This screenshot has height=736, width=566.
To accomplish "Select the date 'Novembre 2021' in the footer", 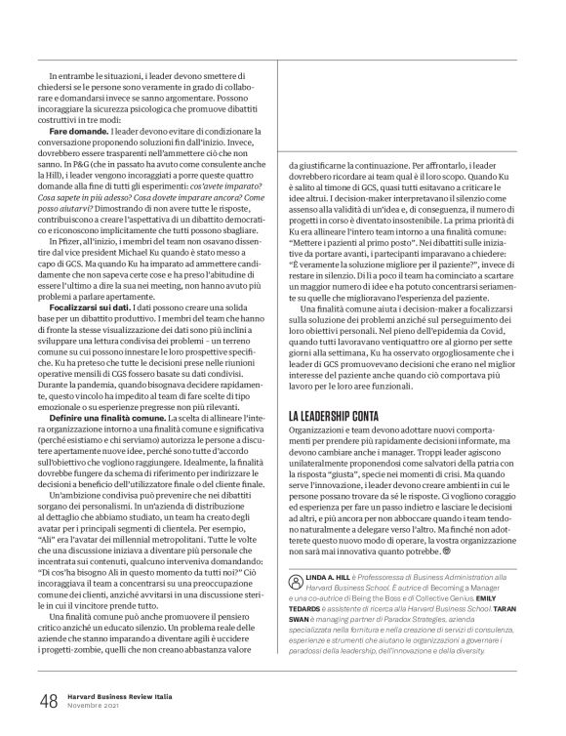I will click(x=97, y=705).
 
